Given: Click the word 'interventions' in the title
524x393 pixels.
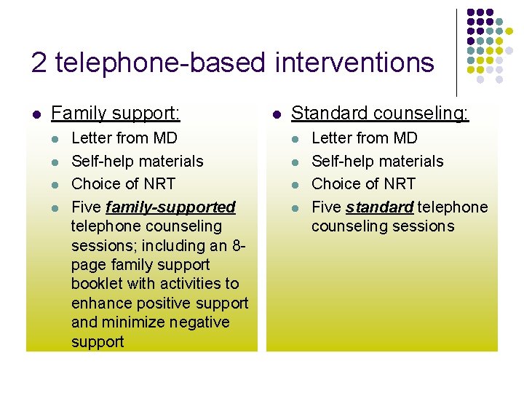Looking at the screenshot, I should (x=354, y=63).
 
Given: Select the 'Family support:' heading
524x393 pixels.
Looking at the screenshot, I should (x=116, y=114).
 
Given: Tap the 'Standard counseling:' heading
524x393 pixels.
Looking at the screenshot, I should (x=380, y=114).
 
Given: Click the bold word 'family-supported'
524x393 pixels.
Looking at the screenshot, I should (x=170, y=207).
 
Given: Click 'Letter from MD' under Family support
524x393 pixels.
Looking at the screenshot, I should (x=124, y=138).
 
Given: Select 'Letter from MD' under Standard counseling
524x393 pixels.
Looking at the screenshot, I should (x=365, y=138).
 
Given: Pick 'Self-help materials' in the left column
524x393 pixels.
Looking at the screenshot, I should (x=138, y=161).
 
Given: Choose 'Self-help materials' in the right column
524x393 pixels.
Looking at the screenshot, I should (x=377, y=161).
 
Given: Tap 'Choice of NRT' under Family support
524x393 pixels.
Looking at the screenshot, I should (x=123, y=183).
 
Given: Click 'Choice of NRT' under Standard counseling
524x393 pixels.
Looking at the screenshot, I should (x=363, y=183).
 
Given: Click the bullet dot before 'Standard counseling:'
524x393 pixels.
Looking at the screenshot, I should (x=276, y=114).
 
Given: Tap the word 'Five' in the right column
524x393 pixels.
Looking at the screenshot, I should (x=326, y=207).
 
